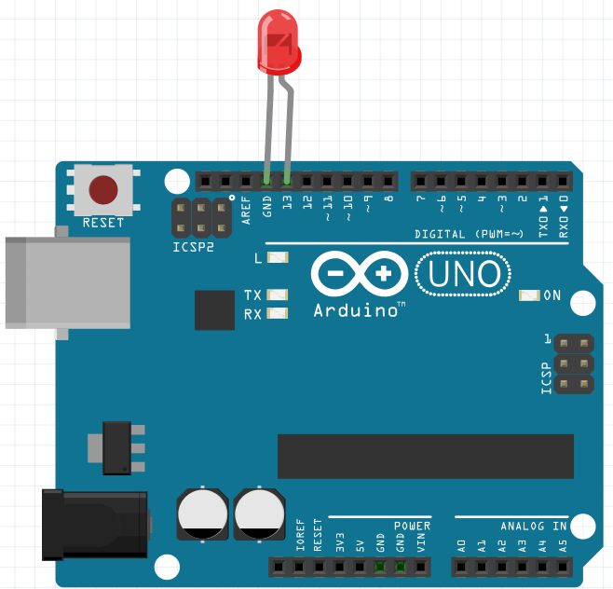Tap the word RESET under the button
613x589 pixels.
pos(102,223)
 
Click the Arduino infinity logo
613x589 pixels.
pos(359,274)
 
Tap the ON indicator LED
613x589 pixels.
pos(529,296)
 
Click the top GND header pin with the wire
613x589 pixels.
pos(266,180)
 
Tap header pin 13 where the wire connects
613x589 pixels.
pos(287,180)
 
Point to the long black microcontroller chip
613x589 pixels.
pos(426,456)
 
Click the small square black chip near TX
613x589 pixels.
pos(214,309)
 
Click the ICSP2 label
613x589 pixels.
pos(193,248)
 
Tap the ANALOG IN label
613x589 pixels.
pos(534,527)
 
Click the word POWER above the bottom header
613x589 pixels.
pos(412,527)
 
